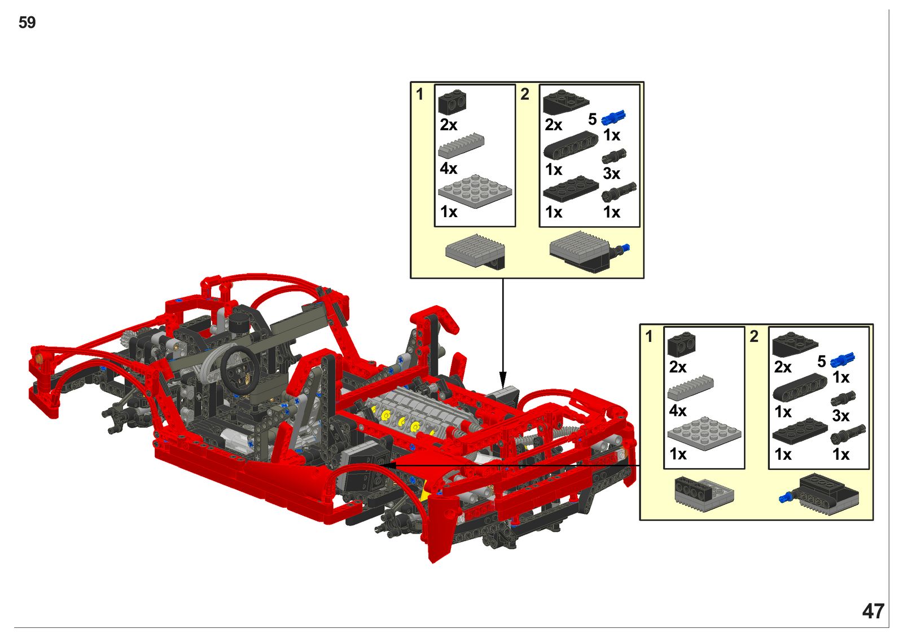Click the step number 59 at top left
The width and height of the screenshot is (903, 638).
coord(27,23)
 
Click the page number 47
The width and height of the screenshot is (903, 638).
coord(873,611)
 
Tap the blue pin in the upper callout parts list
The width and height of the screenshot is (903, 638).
coord(613,117)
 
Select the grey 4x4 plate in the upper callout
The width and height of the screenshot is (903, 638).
coord(475,191)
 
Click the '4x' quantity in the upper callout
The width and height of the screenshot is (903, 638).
coord(448,168)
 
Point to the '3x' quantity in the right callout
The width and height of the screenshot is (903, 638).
coord(840,416)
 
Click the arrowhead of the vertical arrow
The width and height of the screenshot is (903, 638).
coord(503,379)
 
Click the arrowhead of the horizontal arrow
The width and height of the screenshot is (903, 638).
coord(387,465)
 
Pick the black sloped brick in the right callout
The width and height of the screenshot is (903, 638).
coord(795,345)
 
